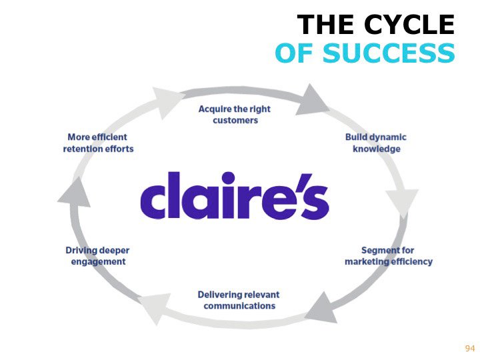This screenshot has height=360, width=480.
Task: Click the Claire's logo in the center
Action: tap(234, 196)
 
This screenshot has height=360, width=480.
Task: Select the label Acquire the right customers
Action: tap(235, 115)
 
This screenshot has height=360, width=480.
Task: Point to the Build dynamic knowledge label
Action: tap(376, 143)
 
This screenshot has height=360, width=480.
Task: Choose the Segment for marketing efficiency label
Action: tap(388, 256)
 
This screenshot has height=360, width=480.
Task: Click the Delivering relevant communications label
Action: tap(239, 300)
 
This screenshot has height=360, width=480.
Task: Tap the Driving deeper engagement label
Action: tap(97, 256)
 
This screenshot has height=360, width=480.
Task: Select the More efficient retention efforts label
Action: tap(98, 143)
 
